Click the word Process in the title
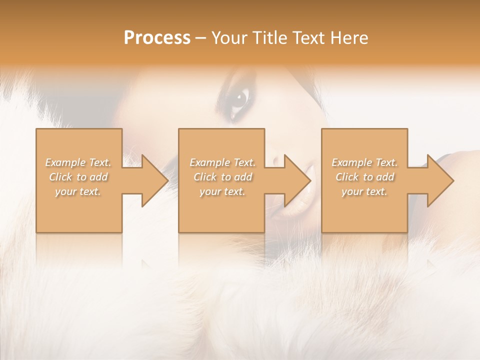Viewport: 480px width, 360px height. [x=157, y=38]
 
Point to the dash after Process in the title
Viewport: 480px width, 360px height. [x=201, y=38]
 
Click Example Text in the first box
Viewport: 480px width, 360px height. [x=78, y=162]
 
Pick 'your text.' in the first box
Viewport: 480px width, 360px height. [x=78, y=191]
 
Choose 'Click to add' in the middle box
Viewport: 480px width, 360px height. [x=222, y=177]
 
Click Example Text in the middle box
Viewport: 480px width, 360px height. [x=222, y=162]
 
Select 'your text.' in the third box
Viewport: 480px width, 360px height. [x=364, y=191]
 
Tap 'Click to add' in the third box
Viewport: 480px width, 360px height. [x=364, y=177]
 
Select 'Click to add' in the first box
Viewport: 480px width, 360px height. [x=78, y=177]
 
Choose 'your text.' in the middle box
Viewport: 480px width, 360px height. [x=222, y=191]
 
